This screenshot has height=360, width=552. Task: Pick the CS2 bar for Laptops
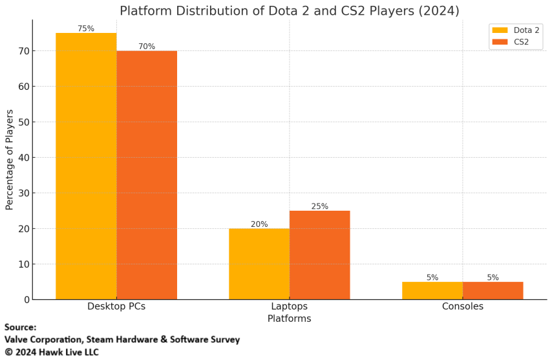pyautogui.click(x=320, y=255)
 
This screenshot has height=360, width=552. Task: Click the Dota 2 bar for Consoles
pyautogui.click(x=432, y=290)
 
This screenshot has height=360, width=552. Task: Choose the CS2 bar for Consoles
pyautogui.click(x=493, y=290)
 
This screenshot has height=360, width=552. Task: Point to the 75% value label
pyautogui.click(x=86, y=28)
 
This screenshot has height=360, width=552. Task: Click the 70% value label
pyautogui.click(x=147, y=47)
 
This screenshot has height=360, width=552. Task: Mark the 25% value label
pyautogui.click(x=320, y=206)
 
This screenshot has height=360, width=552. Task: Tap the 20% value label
pyautogui.click(x=259, y=224)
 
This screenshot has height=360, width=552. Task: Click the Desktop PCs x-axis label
pyautogui.click(x=116, y=306)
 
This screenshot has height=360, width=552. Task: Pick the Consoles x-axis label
pyautogui.click(x=463, y=306)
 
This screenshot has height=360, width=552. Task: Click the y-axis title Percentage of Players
pyautogui.click(x=10, y=160)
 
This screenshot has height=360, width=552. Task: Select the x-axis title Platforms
pyautogui.click(x=289, y=319)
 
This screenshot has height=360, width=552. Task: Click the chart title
pyautogui.click(x=289, y=11)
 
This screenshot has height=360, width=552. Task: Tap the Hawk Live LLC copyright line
pyautogui.click(x=52, y=352)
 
